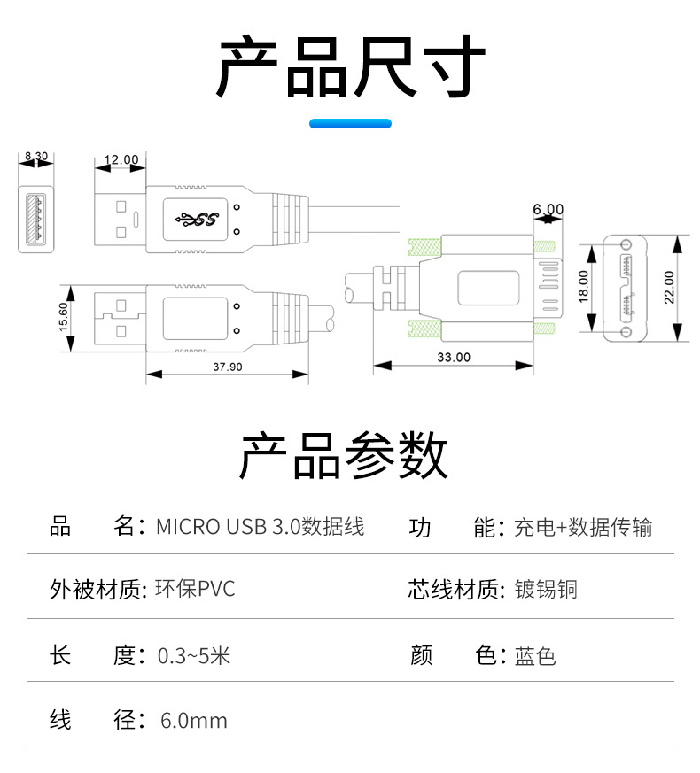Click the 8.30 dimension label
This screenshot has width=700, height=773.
36,156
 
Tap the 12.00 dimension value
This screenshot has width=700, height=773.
121,160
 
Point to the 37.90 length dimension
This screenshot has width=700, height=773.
229,367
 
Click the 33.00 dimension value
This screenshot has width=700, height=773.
454,358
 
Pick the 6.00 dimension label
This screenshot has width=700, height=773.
548,210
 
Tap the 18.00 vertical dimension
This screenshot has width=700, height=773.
583,286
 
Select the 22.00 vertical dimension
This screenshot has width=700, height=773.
669,287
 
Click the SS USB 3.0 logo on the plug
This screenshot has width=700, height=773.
197,218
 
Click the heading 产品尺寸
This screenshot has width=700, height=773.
351,68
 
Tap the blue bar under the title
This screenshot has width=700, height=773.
350,124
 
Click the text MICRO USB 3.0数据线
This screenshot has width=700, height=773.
260,527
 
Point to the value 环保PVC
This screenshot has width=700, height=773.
195,589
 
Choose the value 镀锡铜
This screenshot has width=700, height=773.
546,589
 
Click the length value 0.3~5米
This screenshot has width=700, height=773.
193,656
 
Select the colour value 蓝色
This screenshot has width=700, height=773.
535,656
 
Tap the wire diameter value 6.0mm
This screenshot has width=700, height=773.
194,721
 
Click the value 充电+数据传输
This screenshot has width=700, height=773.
583,527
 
